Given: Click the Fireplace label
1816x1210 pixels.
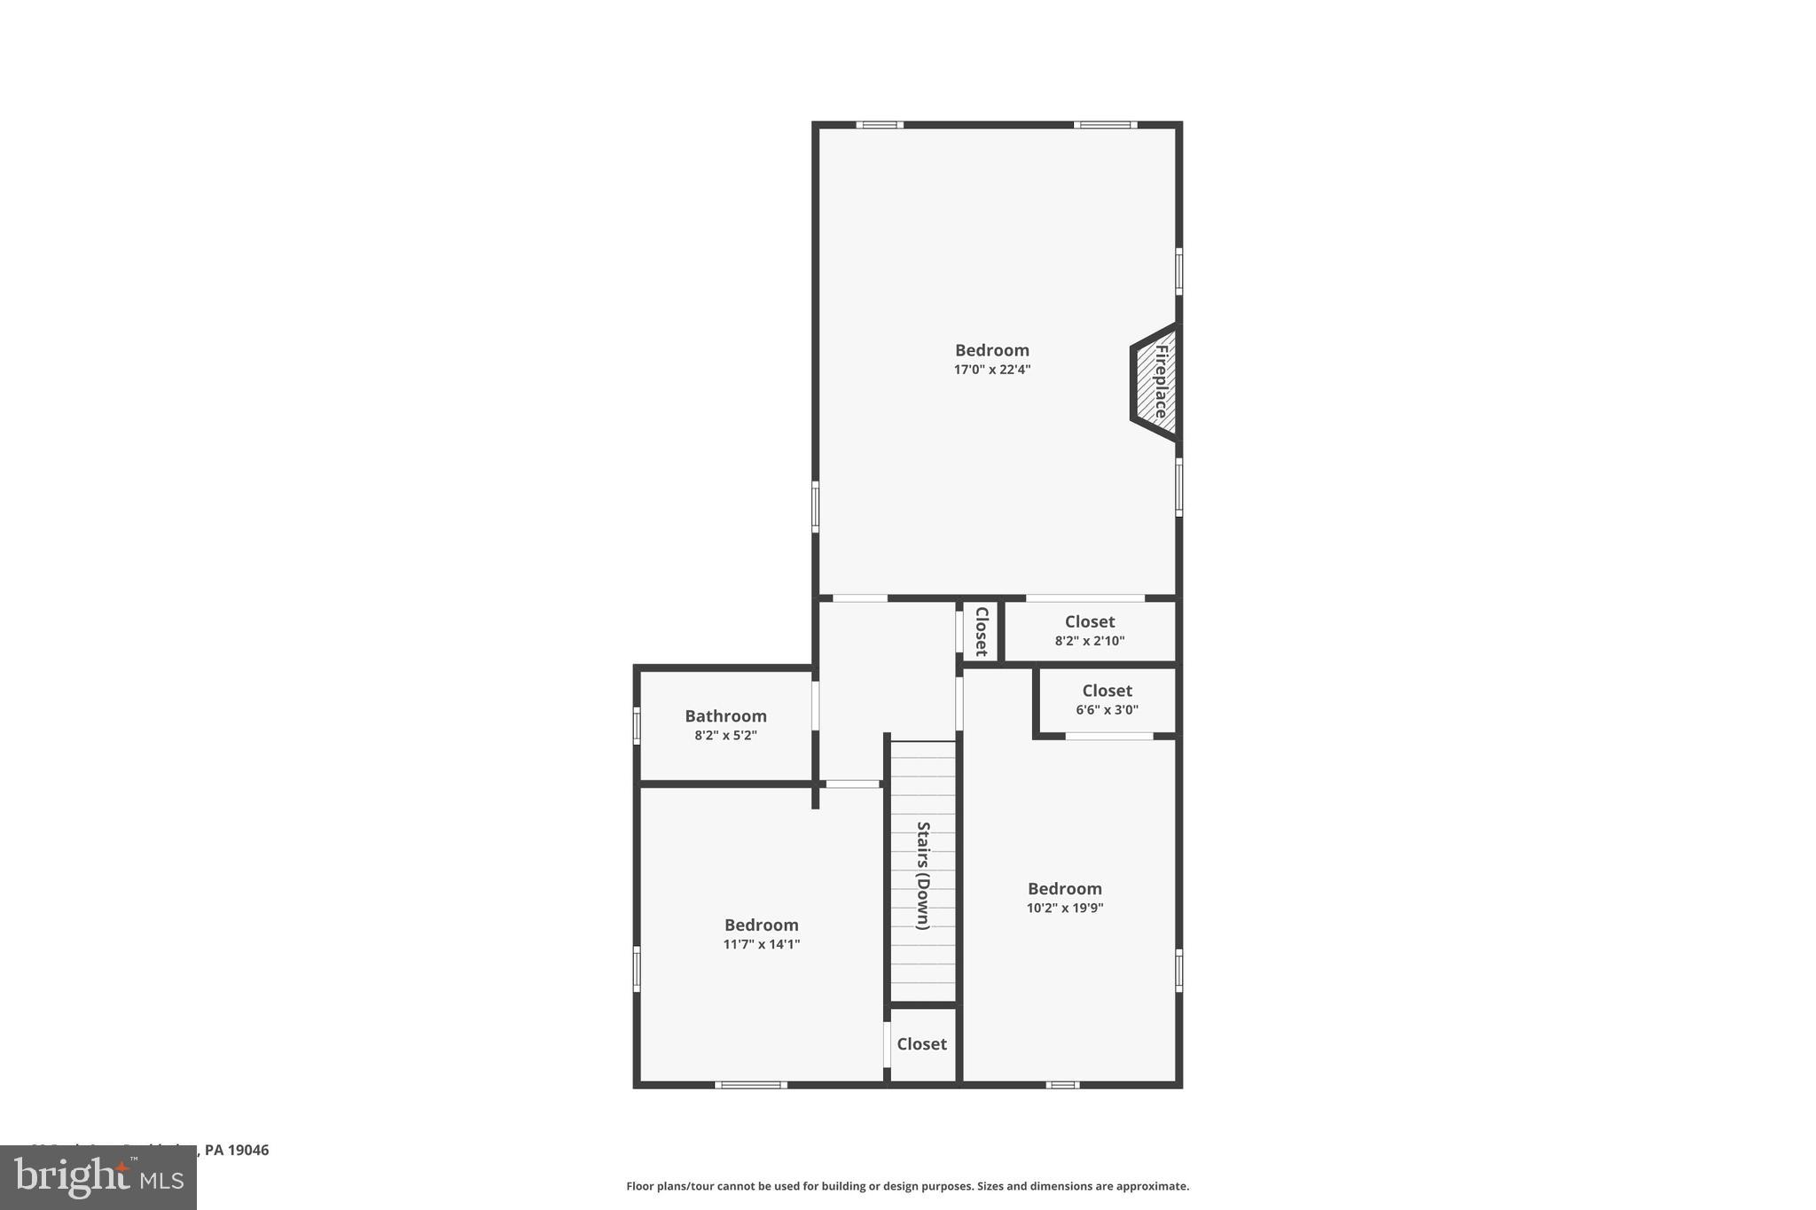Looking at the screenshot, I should [1161, 381].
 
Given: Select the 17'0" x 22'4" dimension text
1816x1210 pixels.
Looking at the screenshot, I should [992, 370].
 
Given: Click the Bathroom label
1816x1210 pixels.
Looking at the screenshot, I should [725, 716].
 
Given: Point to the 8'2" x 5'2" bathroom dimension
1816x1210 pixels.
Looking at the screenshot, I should [725, 736].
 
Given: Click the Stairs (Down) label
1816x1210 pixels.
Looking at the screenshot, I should [923, 875].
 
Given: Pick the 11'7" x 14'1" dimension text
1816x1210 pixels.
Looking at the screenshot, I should [762, 945].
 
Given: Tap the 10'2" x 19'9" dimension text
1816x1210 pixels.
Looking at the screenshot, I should [1065, 909].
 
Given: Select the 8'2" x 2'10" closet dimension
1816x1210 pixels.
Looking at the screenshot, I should [1090, 641].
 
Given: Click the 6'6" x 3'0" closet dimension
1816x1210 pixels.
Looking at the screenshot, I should [1108, 710].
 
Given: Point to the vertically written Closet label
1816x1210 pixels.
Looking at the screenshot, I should [982, 631].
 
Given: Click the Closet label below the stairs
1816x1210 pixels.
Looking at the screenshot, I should [922, 1044].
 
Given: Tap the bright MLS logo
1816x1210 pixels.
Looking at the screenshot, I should [98, 1177].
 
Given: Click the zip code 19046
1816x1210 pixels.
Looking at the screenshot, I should [248, 1150].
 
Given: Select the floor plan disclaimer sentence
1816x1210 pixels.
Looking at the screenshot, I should [907, 1186].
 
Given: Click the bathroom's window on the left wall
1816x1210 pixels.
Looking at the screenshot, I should [637, 724].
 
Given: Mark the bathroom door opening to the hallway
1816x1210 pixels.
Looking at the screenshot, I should [815, 705].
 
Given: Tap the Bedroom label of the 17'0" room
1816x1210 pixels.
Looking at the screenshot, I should [992, 350].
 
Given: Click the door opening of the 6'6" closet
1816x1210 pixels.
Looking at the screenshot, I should [1108, 736].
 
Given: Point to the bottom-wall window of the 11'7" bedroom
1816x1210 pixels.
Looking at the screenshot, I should [750, 1085].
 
